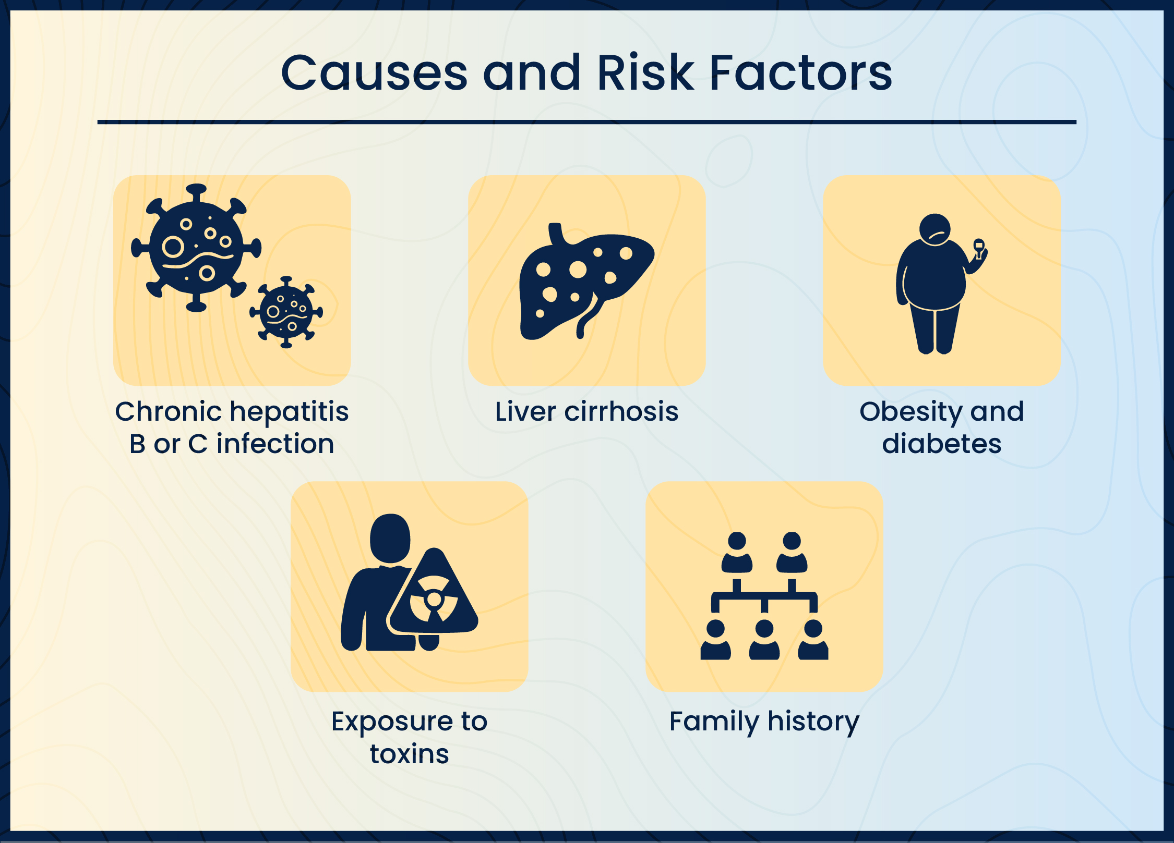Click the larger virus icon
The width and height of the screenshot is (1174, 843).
196,248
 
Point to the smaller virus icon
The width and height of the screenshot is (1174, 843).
286,312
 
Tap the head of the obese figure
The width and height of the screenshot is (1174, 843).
935,229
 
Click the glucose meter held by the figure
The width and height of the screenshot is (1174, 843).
979,246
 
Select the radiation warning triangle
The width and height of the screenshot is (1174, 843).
434,597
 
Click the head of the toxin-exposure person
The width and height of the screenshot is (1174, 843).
390,538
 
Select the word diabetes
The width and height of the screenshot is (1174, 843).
942,444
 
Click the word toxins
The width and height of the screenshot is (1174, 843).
410,754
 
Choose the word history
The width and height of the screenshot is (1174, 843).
813,722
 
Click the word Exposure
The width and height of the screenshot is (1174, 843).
392,722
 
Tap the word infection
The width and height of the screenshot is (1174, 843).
275,444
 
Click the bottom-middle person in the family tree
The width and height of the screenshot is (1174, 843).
764,640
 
